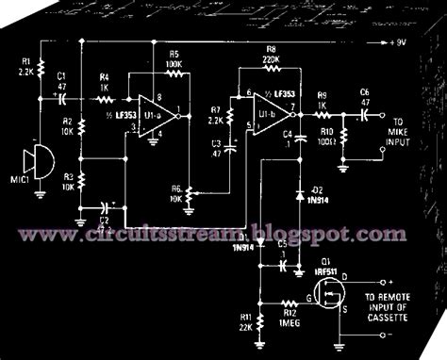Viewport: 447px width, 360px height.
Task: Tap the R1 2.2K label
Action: coord(25,68)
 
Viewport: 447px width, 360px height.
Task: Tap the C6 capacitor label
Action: coord(364,93)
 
